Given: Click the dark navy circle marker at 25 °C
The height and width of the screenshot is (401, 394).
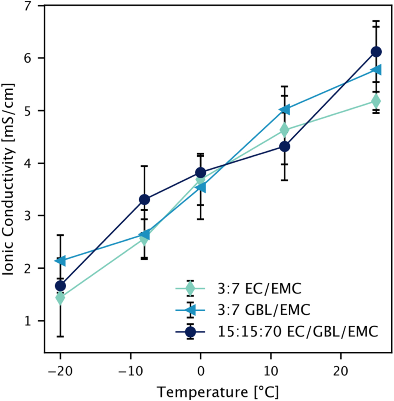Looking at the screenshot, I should coord(376,52).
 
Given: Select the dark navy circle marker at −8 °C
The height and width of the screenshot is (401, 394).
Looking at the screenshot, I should coord(144,200).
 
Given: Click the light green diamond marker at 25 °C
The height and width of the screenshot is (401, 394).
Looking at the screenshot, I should coord(376,101).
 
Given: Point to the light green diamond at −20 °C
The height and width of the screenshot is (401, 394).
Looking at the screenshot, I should coord(60,298).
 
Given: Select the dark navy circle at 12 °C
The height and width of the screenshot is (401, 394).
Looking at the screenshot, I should coord(284,147).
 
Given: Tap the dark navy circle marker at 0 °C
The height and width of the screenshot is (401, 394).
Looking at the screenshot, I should coord(201,173).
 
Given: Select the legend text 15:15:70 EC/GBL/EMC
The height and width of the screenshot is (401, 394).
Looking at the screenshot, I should coord(298,332).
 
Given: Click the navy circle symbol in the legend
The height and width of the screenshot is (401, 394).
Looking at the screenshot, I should coord(190,332).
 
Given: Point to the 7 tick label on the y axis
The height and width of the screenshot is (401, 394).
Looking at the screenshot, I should coord(30,6).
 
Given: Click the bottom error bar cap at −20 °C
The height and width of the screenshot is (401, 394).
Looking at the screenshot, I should coord(60,336).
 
